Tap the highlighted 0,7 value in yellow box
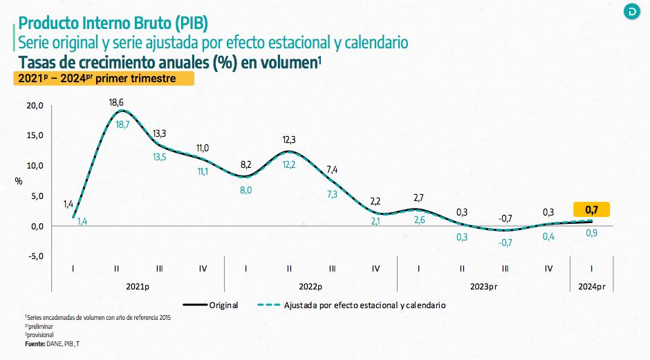[592, 209]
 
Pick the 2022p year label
[310, 286]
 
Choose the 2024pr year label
[591, 286]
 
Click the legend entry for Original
[223, 305]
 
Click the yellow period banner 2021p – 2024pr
[104, 79]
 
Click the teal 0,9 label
[592, 233]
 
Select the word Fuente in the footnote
[35, 343]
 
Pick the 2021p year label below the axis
[138, 286]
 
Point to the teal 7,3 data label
[333, 194]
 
